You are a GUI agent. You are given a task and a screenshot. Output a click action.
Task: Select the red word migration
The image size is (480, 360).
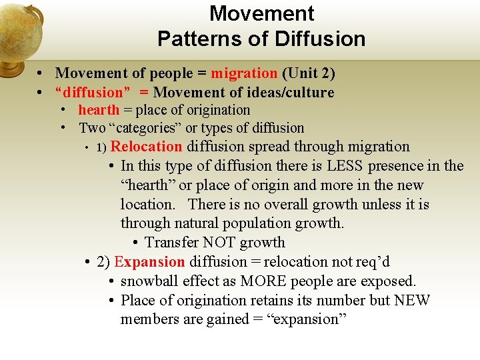click(x=243, y=73)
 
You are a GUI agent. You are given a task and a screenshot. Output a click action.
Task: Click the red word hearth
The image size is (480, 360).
click(x=99, y=110)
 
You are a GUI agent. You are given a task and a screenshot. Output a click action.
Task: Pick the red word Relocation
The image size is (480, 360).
click(x=146, y=147)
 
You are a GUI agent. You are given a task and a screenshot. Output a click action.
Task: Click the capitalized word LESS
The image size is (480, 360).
click(x=344, y=166)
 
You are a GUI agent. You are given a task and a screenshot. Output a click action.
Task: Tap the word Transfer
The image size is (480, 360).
click(x=171, y=243)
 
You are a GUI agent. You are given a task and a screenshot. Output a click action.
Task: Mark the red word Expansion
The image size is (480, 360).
click(x=149, y=262)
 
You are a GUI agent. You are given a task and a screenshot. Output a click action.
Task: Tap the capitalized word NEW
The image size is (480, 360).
click(x=412, y=301)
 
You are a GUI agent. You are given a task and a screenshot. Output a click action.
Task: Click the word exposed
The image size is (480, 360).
click(x=390, y=281)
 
